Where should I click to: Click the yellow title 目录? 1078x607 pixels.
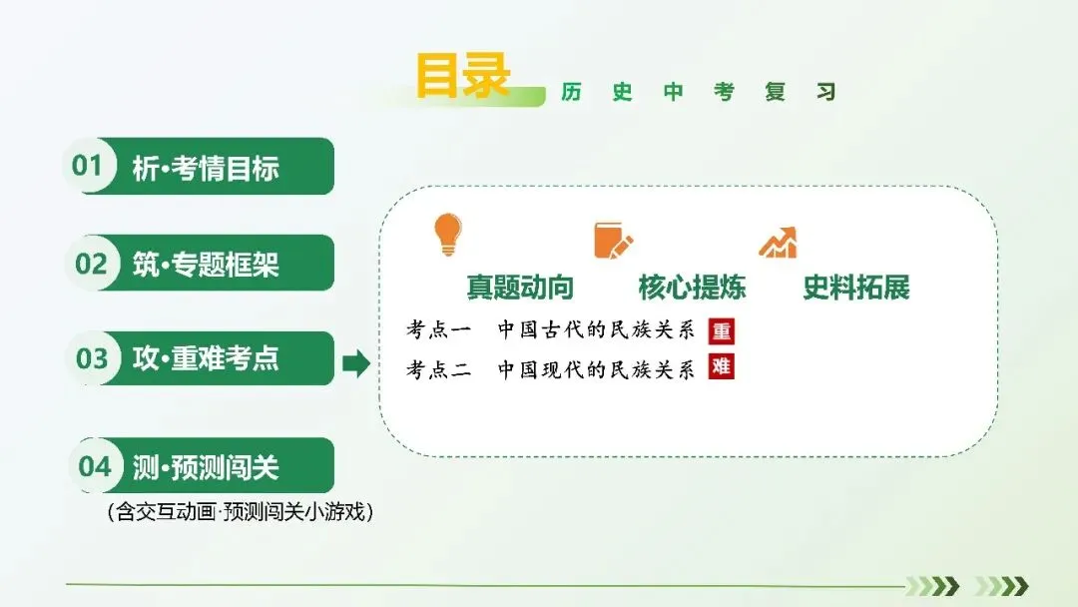463,75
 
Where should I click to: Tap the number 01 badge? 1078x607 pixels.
88,165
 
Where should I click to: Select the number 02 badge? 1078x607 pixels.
91,263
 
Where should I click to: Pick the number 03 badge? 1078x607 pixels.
92,358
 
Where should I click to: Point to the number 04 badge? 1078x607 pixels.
95,466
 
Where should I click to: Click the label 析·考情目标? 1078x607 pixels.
206,167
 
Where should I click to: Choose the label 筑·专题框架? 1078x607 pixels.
206,264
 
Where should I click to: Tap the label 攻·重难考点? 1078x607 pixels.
206,358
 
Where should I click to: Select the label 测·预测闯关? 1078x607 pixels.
206,467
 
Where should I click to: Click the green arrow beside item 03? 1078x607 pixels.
356,363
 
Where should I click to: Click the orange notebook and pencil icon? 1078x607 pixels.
613,240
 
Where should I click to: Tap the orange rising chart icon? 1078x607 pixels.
779,242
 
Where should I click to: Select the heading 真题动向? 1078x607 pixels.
520,287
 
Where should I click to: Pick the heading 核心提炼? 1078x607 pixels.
692,287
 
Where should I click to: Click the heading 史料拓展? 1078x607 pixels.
856,287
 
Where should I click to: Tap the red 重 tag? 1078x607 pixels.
722,331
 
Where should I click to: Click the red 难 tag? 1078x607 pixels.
722,366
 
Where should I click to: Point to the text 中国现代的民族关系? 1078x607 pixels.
596,369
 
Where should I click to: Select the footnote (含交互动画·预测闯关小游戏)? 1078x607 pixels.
240,511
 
